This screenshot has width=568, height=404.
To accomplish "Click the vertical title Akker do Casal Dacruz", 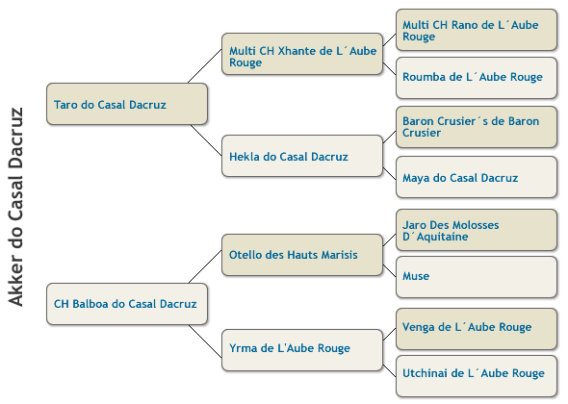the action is [16, 207].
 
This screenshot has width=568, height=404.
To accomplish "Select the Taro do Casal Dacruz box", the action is [127, 104].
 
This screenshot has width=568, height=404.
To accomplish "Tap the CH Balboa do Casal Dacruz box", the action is [127, 304].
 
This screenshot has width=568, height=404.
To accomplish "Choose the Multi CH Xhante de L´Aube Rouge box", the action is [302, 54].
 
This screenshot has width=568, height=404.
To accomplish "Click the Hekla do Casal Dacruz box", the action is [302, 156].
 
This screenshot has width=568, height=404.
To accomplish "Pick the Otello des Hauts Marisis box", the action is [302, 255].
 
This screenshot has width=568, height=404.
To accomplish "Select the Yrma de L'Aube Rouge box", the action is [302, 350].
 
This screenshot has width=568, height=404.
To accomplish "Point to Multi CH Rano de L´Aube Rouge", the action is [477, 30].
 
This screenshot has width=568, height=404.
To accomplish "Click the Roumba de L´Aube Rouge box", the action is [477, 78].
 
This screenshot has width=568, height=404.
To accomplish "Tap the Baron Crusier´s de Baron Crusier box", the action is [477, 127].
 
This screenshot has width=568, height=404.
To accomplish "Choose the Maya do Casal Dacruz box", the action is [477, 177].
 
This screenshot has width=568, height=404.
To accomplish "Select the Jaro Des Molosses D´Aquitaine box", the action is [477, 230].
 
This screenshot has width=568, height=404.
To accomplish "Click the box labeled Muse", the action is [477, 277].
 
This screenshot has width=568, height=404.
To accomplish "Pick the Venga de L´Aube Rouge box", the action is [477, 329].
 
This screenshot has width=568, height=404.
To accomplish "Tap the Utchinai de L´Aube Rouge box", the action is [477, 376].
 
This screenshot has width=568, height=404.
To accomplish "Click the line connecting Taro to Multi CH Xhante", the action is [205, 66].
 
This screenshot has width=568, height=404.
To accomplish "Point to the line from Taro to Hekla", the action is [206, 140].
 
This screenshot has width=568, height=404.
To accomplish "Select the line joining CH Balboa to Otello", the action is [205, 266].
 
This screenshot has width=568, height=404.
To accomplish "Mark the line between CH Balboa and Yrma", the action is [205, 341].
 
